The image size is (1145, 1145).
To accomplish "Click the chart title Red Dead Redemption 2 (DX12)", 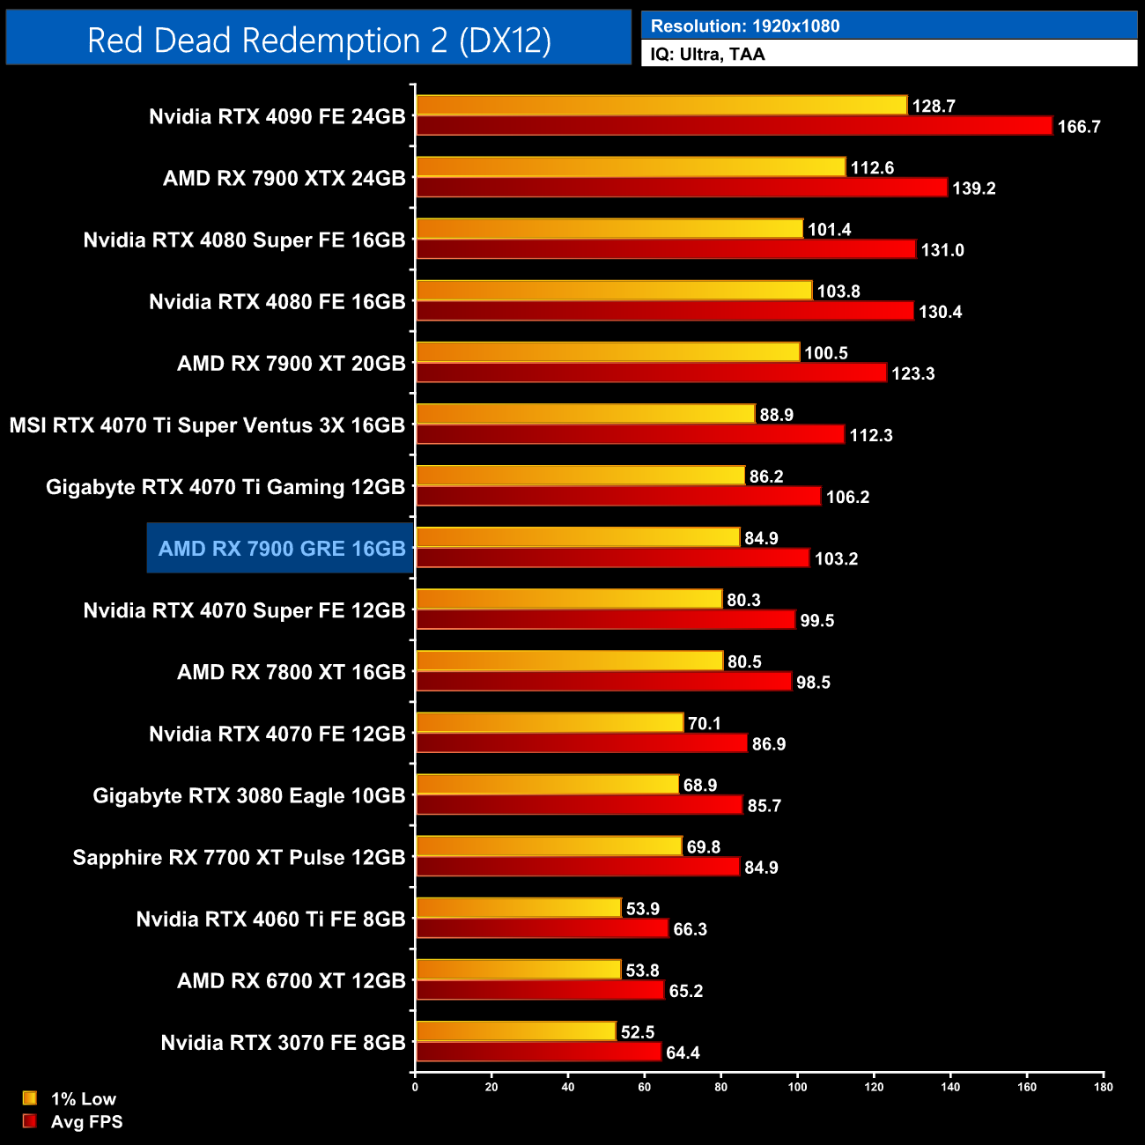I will [319, 41].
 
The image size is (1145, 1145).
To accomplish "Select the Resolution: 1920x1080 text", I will [744, 26].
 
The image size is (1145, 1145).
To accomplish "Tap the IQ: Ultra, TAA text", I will [707, 54].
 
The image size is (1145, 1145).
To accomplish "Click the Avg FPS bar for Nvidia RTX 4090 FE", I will [733, 126].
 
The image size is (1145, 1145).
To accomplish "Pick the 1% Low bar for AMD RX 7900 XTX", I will [630, 166].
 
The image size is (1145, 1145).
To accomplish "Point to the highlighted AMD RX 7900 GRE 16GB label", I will [281, 549].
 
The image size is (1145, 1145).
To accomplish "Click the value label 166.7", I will [1079, 127].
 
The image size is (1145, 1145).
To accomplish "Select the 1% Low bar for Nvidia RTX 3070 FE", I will [515, 1031].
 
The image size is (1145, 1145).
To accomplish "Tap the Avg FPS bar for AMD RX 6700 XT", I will [539, 991].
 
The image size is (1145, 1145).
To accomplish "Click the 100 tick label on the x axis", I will [797, 1087].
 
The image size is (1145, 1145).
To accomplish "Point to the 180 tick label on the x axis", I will [1103, 1087].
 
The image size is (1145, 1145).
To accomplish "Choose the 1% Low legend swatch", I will [30, 1098].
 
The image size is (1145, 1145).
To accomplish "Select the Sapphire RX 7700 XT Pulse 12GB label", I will [239, 858].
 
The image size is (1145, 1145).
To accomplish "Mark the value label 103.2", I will [836, 559].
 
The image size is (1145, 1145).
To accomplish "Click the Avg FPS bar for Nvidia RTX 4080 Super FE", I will [665, 249].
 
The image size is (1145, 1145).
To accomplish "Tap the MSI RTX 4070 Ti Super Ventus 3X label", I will [207, 425].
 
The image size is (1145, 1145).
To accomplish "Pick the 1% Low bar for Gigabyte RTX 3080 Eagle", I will [547, 784].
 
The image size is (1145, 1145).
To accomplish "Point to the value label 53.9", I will [643, 909].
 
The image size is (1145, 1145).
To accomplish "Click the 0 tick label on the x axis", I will [415, 1087].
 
